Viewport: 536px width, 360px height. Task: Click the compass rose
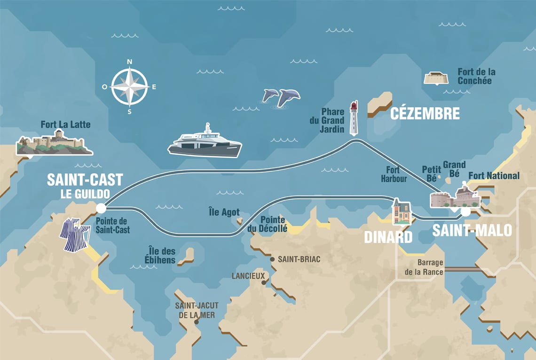pos(130,87)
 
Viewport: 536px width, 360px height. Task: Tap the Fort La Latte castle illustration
pos(54,143)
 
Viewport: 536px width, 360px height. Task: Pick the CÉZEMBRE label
pos(425,114)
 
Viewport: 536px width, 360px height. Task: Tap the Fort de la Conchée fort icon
pos(436,78)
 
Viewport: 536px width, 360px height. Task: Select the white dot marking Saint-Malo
pos(465,212)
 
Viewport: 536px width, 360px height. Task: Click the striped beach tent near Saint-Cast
pos(74,234)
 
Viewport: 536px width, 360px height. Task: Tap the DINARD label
pos(388,236)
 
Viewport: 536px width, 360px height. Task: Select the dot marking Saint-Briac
pos(272,259)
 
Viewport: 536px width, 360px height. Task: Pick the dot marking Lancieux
pos(264,282)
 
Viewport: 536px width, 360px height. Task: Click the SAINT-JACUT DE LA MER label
pos(197,310)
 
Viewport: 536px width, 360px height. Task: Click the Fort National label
pos(494,176)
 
